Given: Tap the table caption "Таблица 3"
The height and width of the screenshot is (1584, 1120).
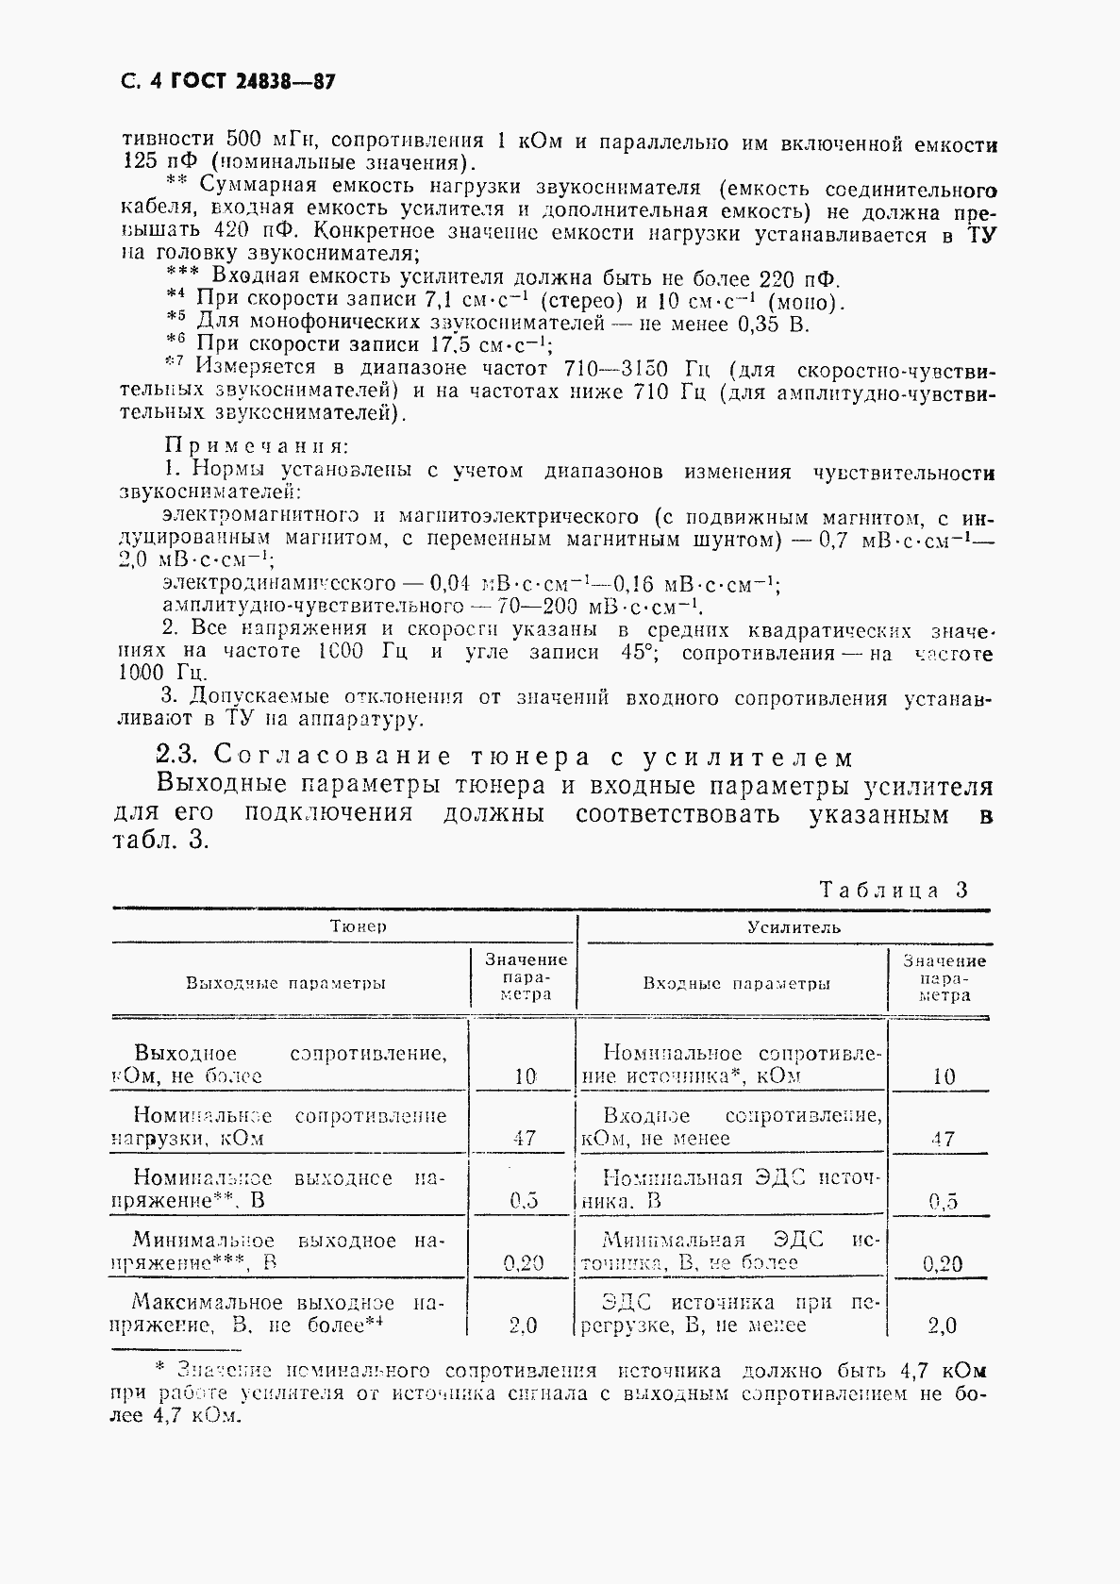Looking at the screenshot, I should [894, 890].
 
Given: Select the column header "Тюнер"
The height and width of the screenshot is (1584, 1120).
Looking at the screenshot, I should [359, 926].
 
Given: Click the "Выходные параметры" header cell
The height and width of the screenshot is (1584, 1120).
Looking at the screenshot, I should [286, 983].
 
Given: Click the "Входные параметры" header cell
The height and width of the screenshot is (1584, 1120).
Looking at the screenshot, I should [737, 983].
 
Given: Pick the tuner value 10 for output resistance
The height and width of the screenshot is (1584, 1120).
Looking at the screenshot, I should [526, 1076].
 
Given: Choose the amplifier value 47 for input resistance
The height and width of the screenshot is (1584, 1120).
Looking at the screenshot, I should [943, 1139].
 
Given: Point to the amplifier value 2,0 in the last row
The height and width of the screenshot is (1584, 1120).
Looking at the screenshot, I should [943, 1326].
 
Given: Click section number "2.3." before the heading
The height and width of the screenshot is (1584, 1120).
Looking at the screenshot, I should [178, 756].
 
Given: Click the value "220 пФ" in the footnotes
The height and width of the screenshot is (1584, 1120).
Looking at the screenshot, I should [799, 278].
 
